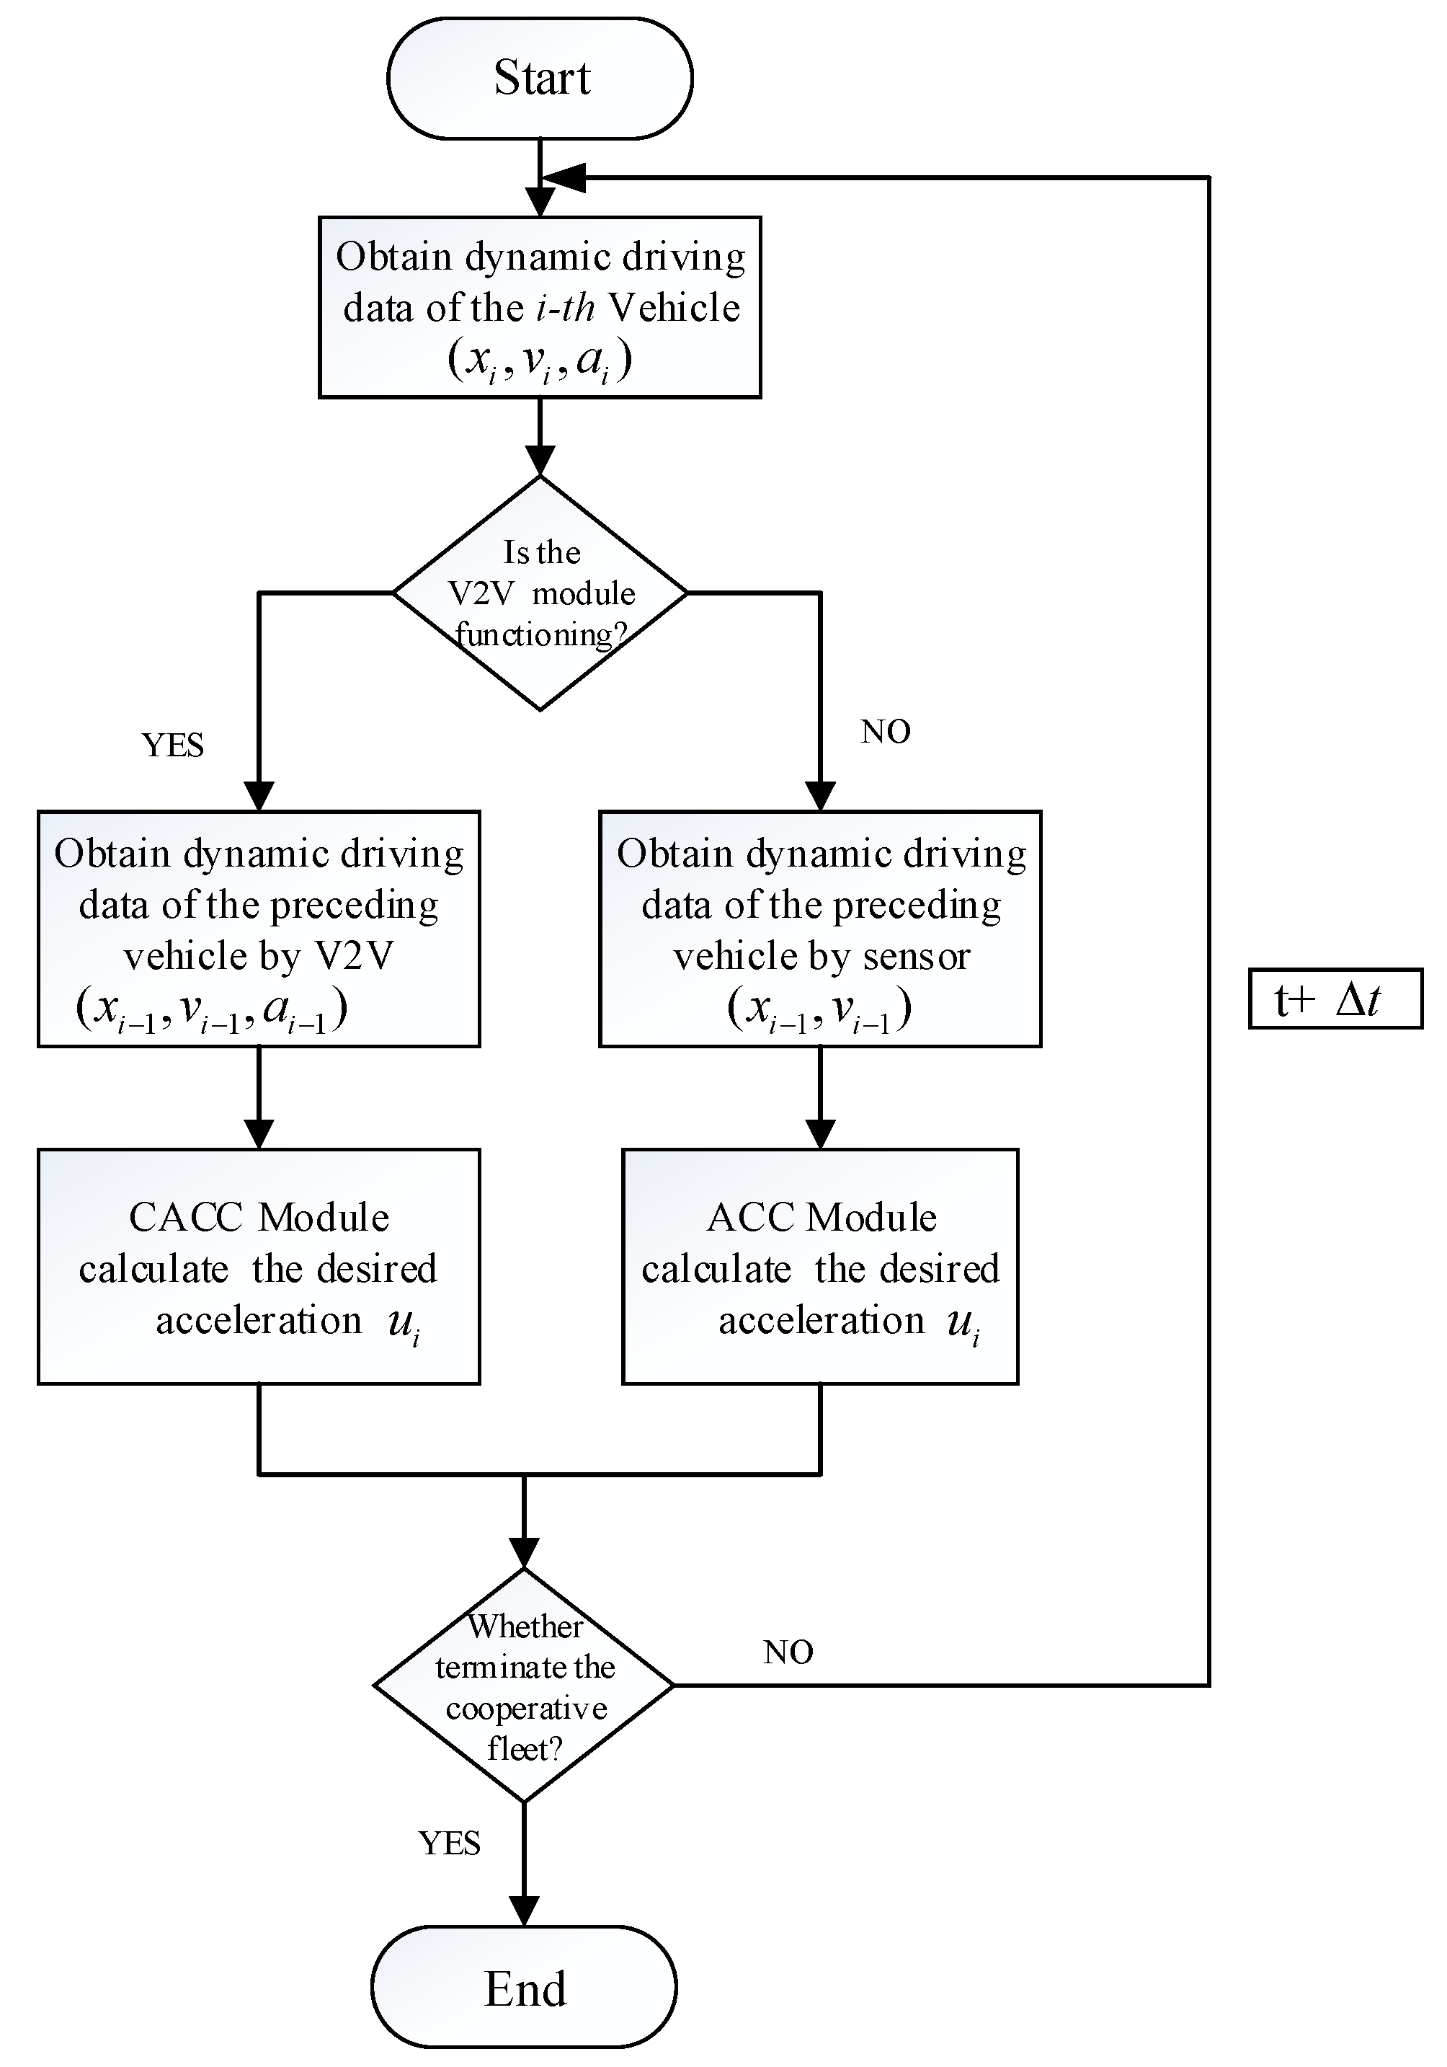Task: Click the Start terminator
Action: [x=540, y=79]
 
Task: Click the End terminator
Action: [x=524, y=1988]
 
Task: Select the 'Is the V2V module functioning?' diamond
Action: [x=540, y=593]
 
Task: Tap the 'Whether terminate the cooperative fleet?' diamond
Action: [x=524, y=1686]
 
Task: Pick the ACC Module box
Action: [x=820, y=1267]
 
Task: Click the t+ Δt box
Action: [x=1335, y=999]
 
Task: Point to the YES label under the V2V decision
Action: [x=173, y=745]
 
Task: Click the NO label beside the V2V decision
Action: [x=886, y=732]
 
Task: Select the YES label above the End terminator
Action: [x=449, y=1843]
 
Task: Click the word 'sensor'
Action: [x=916, y=956]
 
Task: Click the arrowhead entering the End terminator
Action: [x=524, y=1912]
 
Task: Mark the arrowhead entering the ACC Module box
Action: [x=820, y=1133]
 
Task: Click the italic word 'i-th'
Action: [x=565, y=308]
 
